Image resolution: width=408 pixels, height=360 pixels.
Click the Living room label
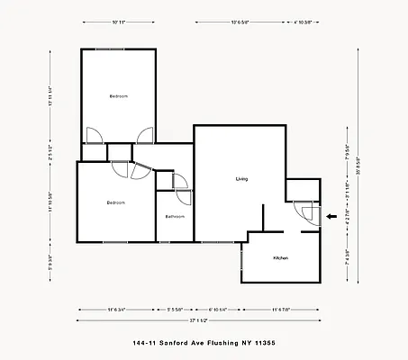[241, 179]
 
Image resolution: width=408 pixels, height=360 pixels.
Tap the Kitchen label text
[280, 258]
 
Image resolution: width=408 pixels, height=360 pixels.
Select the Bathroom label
[175, 217]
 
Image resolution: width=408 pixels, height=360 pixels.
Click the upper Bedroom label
[119, 96]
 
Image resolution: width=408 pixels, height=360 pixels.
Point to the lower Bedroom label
[115, 202]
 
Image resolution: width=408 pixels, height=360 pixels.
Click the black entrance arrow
[331, 217]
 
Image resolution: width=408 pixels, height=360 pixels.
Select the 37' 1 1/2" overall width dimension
[199, 319]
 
